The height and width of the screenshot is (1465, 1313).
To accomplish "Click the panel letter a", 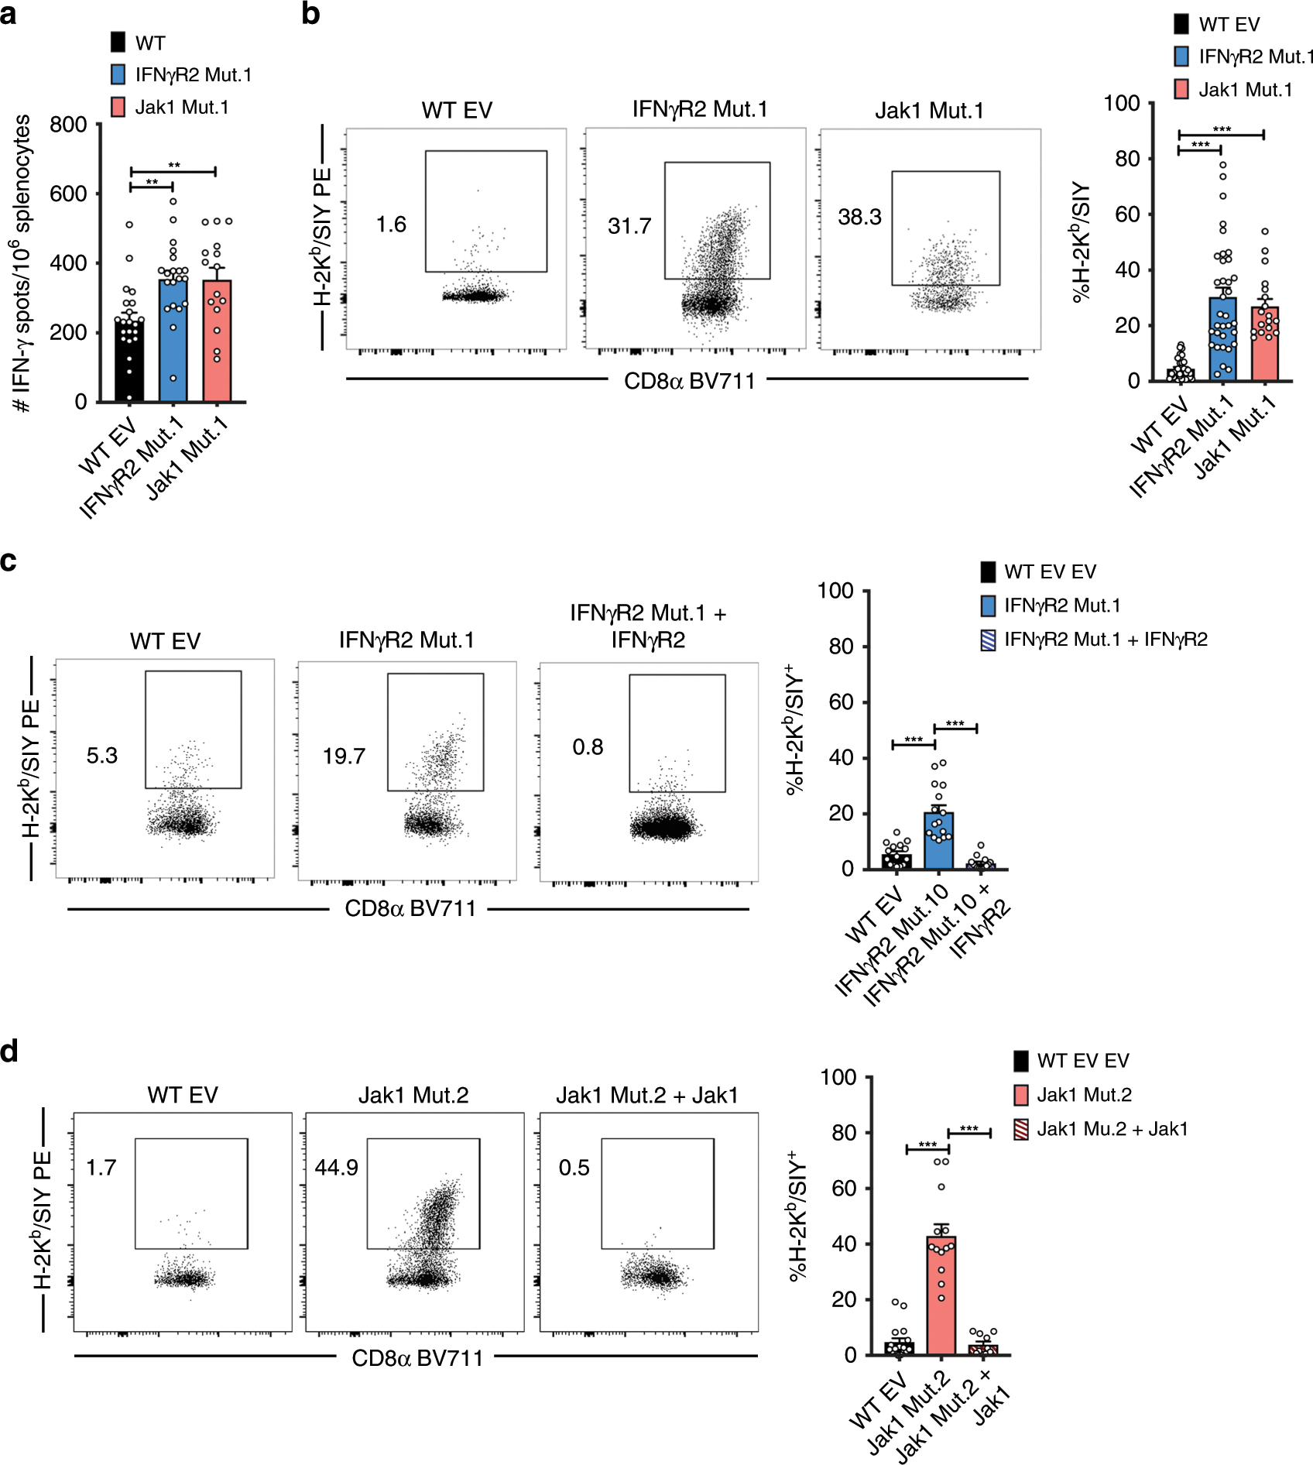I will [9, 14].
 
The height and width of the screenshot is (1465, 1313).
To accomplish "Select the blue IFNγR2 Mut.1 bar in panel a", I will [173, 341].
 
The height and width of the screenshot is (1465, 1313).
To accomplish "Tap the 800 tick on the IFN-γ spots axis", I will [68, 125].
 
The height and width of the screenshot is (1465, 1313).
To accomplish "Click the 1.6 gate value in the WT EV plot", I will [391, 225].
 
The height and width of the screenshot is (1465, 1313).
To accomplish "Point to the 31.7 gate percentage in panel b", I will [629, 226].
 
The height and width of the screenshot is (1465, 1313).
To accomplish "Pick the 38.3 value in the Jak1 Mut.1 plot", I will [859, 217].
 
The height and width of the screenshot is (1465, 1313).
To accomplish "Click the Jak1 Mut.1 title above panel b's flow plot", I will [929, 111].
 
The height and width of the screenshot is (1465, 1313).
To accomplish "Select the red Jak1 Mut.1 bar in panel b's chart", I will [1264, 345].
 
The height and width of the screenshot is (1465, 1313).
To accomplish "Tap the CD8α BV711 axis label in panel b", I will [689, 381].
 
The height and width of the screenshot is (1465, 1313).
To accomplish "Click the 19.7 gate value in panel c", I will [344, 756].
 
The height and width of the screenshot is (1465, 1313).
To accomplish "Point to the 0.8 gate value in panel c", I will [588, 747].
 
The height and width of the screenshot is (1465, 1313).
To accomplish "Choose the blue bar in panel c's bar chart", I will [938, 841].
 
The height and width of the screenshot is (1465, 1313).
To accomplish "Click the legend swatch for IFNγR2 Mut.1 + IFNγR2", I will [988, 640].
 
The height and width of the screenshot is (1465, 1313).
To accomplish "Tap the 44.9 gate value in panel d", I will [336, 1168].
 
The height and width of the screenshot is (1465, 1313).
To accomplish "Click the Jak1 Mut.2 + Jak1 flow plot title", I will [647, 1095].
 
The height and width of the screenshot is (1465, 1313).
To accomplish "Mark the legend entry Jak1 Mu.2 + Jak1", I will [1112, 1129].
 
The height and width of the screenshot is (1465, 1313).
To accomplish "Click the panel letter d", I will [9, 1052].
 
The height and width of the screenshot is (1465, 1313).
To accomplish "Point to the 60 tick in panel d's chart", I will [844, 1189].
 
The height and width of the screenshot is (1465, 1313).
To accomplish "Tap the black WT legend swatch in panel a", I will [118, 43].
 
